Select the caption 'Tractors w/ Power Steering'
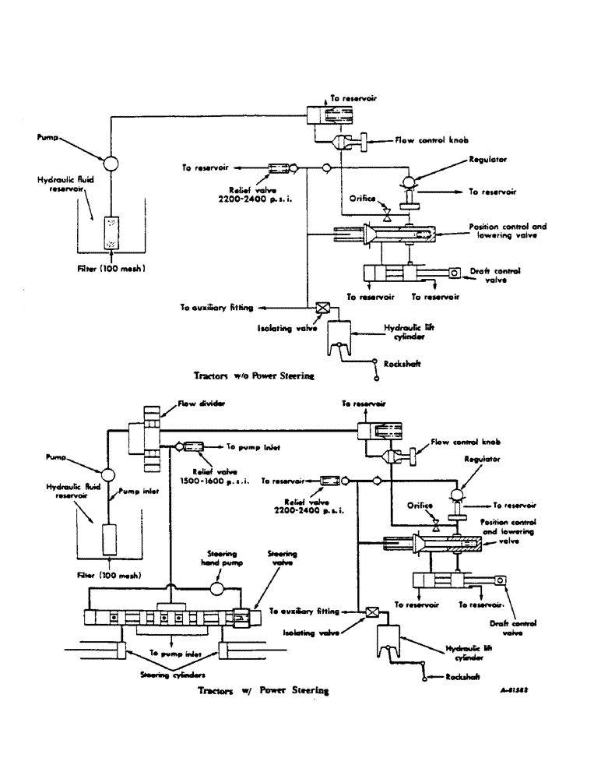[x=263, y=690]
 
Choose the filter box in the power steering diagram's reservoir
[x=109, y=539]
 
